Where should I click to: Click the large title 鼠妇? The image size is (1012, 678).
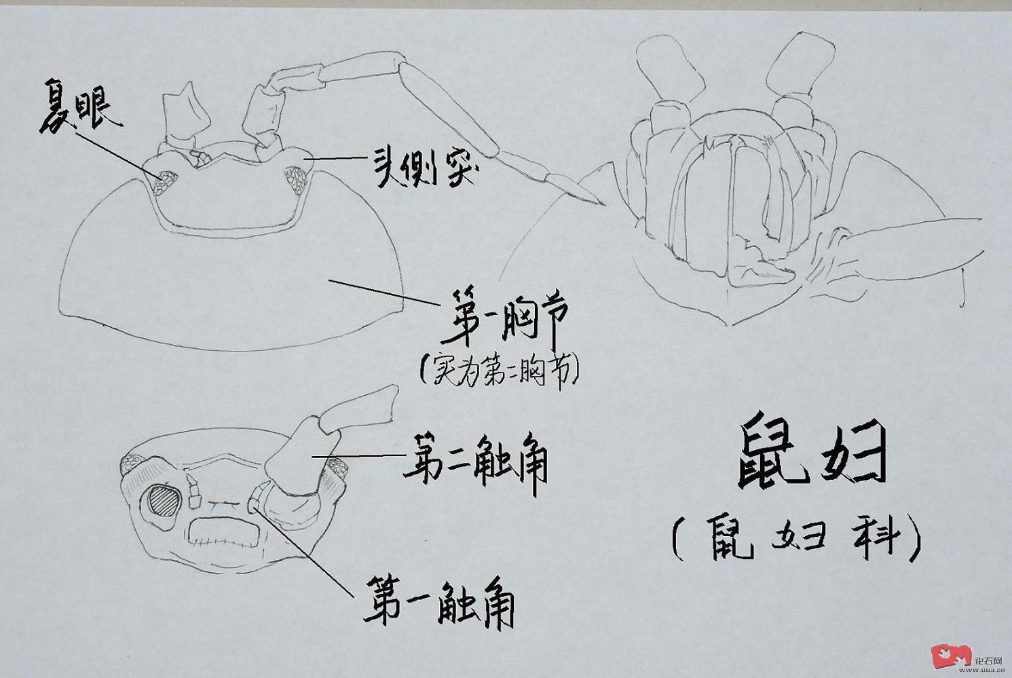click(811, 452)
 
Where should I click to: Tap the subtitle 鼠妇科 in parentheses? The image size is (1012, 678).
click(796, 538)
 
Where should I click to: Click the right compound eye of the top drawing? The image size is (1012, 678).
click(297, 179)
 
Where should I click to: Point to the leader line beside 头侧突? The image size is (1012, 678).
click(335, 159)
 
